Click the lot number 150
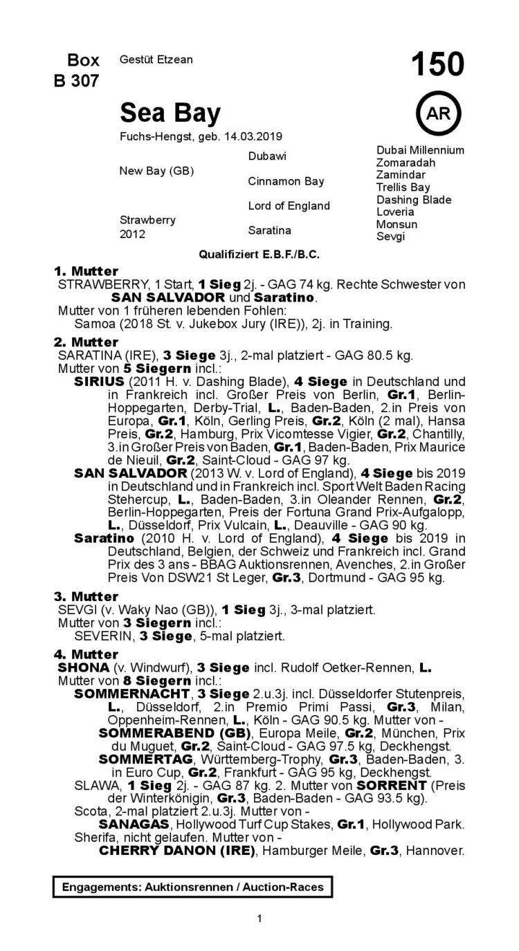[437, 66]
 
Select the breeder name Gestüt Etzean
[156, 60]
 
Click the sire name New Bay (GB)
[157, 170]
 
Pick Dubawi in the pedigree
[266, 156]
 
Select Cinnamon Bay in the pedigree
[286, 181]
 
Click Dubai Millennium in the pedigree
[420, 150]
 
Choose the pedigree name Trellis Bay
[403, 187]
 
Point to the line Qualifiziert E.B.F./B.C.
[259, 255]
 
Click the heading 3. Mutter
[86, 596]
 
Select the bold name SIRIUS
[99, 381]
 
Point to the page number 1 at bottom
[259, 918]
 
